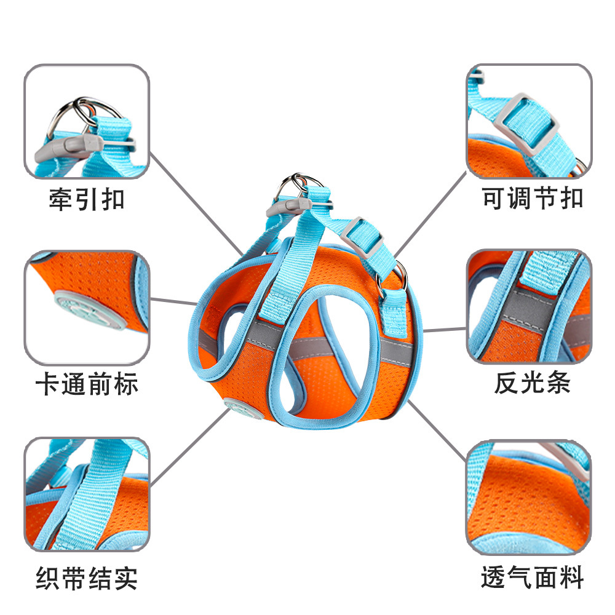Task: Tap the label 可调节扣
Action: [x=533, y=199]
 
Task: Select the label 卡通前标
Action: [x=87, y=384]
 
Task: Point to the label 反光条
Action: [x=533, y=383]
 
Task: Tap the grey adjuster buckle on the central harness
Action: [x=361, y=239]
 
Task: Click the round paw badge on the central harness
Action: [x=236, y=407]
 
